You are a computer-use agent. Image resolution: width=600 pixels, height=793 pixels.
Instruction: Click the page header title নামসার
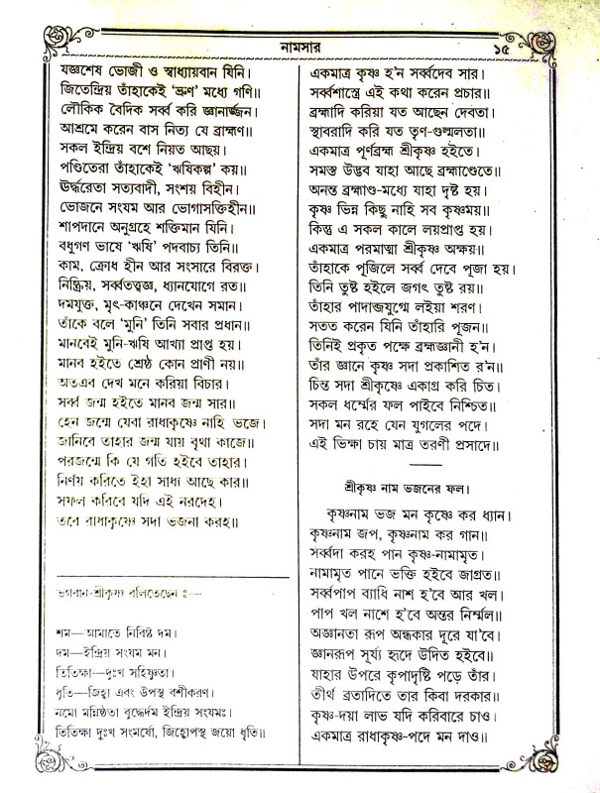[x=300, y=48]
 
